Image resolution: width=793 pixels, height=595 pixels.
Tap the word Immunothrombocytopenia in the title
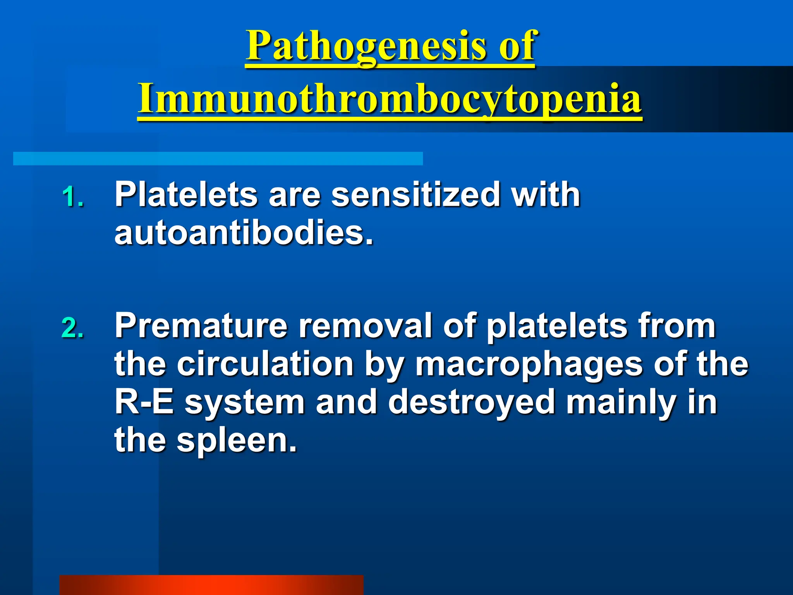pyautogui.click(x=390, y=99)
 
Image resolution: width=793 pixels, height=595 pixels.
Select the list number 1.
pyautogui.click(x=72, y=197)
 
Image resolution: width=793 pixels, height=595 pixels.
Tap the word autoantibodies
pyautogui.click(x=244, y=233)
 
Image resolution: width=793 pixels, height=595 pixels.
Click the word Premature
pyautogui.click(x=201, y=326)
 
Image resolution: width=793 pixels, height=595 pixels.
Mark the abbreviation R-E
pyautogui.click(x=144, y=402)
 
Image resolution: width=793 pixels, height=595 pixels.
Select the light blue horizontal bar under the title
pyautogui.click(x=218, y=158)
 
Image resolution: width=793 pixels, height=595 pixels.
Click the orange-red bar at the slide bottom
pyautogui.click(x=211, y=585)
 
